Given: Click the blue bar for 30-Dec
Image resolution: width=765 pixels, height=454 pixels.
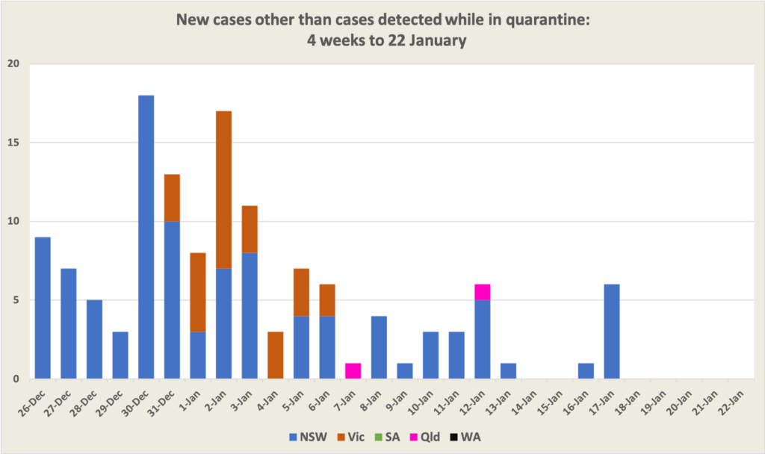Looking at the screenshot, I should tap(146, 237).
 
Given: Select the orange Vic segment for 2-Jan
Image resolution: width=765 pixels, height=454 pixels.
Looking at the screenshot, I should tap(223, 190).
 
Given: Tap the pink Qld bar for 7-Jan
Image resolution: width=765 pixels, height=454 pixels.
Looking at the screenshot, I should tap(353, 371).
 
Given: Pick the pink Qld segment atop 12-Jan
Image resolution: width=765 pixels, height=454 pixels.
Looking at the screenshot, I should tap(482, 292).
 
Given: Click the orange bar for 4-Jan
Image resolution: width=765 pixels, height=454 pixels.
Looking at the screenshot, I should tap(275, 355).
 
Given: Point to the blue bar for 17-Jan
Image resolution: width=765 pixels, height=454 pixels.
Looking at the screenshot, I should tap(611, 332).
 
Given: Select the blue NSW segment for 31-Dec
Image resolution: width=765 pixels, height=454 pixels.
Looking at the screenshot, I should tap(172, 300).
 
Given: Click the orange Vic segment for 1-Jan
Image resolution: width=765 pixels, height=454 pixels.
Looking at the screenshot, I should tap(198, 292).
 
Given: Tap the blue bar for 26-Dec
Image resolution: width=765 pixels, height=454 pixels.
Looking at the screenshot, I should tap(43, 308).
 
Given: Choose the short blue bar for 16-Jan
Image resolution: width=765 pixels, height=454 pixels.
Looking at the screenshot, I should tap(586, 371).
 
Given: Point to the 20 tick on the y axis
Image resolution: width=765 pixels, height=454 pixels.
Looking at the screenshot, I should tap(13, 64).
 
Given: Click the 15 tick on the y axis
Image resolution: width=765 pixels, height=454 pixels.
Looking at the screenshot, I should tap(13, 143).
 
